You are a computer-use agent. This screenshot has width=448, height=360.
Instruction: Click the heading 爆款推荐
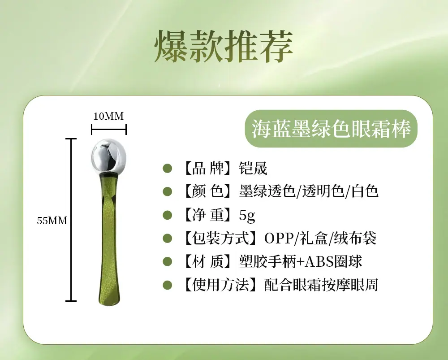click(x=224, y=47)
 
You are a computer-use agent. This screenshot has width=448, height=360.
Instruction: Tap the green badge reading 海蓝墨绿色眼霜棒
click(x=332, y=128)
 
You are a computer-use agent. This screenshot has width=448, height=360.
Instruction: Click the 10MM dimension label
click(x=108, y=116)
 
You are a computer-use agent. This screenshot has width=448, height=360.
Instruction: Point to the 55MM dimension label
click(x=52, y=221)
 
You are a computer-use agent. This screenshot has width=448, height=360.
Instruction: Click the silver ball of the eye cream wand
click(x=108, y=156)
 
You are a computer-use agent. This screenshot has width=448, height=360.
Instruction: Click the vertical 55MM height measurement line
click(x=71, y=220)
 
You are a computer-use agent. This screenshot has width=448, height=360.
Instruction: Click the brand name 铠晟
click(x=253, y=168)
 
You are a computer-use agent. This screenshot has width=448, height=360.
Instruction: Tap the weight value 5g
click(x=247, y=215)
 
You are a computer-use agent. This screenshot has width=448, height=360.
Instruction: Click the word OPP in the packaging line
click(x=279, y=238)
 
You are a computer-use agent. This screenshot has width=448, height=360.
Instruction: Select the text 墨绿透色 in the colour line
click(x=267, y=191)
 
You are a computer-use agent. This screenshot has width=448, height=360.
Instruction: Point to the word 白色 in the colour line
click(x=365, y=191)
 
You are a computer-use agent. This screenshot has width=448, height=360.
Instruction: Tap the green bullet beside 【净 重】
click(x=168, y=215)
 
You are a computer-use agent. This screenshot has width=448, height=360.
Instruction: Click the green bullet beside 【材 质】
click(x=168, y=262)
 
